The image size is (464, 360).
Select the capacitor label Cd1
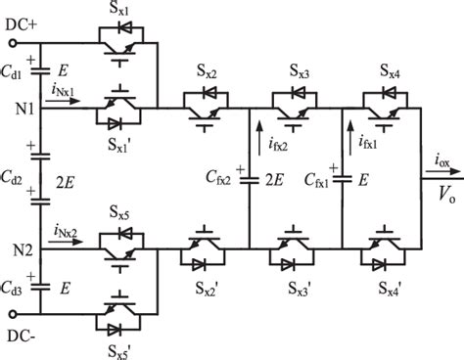pos(17,72)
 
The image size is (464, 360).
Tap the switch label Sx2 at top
pos(207,72)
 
